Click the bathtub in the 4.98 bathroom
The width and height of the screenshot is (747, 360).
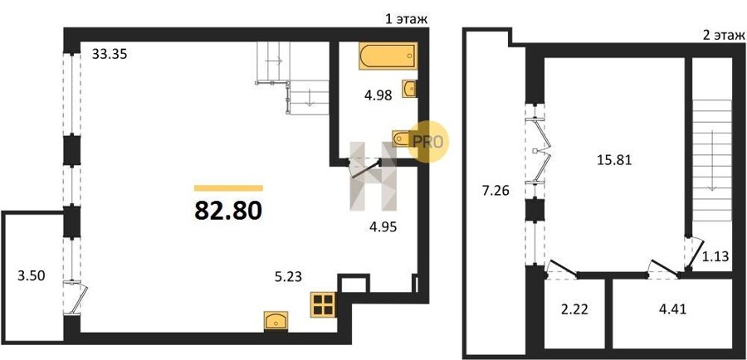click(388, 56)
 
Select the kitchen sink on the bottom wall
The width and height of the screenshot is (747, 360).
click(276, 320)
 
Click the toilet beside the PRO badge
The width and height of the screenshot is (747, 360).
click(403, 139)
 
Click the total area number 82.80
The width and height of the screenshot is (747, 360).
click(229, 211)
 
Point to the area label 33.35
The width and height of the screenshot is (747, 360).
click(110, 54)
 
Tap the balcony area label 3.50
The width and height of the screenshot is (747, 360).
click(31, 276)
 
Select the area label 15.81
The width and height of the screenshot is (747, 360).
click(614, 160)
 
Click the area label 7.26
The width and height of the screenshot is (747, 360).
click(496, 192)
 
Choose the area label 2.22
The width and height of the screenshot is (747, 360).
click(574, 310)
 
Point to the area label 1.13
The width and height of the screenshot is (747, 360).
click(716, 257)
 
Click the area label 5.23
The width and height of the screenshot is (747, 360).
click(288, 277)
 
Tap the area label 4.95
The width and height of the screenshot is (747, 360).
click(383, 226)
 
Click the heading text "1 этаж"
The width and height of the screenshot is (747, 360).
click(406, 20)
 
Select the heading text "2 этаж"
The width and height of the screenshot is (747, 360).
click(722, 35)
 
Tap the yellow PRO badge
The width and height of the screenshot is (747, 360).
click(427, 141)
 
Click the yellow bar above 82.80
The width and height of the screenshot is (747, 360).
click(229, 187)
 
